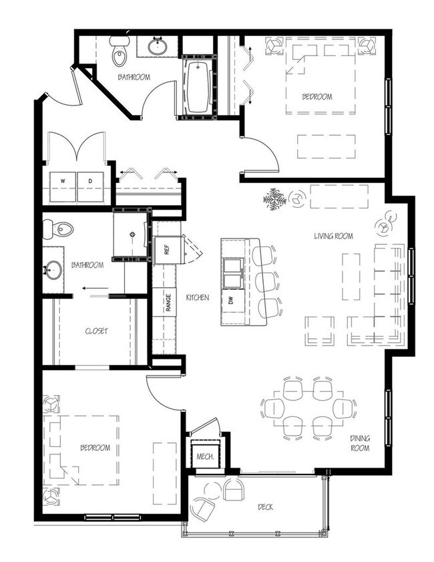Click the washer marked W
[63, 187]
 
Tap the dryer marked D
[91, 187]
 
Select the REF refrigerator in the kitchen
[166, 249]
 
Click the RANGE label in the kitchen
[168, 303]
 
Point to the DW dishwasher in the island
[231, 300]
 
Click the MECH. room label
[205, 456]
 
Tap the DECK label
[265, 507]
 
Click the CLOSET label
[96, 331]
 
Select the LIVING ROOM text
[333, 236]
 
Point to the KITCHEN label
[198, 297]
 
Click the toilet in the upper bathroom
[120, 50]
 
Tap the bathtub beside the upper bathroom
[198, 87]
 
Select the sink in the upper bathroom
[157, 45]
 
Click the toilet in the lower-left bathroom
[57, 229]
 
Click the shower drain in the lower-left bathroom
[132, 235]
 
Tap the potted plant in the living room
[274, 199]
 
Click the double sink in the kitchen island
[232, 273]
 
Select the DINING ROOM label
[361, 443]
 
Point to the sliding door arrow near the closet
[95, 288]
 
